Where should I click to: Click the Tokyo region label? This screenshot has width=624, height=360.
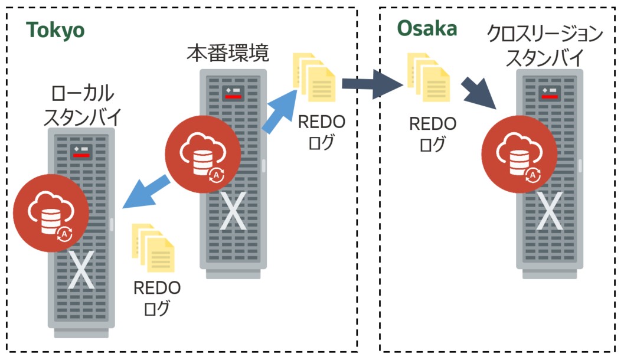tap(55, 31)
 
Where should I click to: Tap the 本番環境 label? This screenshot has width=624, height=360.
tap(228, 54)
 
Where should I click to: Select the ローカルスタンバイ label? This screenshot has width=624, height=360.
tap(83, 105)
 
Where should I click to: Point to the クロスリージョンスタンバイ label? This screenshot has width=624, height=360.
tap(545, 46)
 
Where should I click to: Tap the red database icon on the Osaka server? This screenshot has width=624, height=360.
tap(520, 156)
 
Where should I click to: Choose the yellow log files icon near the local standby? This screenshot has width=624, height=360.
tap(153, 248)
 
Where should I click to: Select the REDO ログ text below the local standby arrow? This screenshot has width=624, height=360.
tap(156, 297)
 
